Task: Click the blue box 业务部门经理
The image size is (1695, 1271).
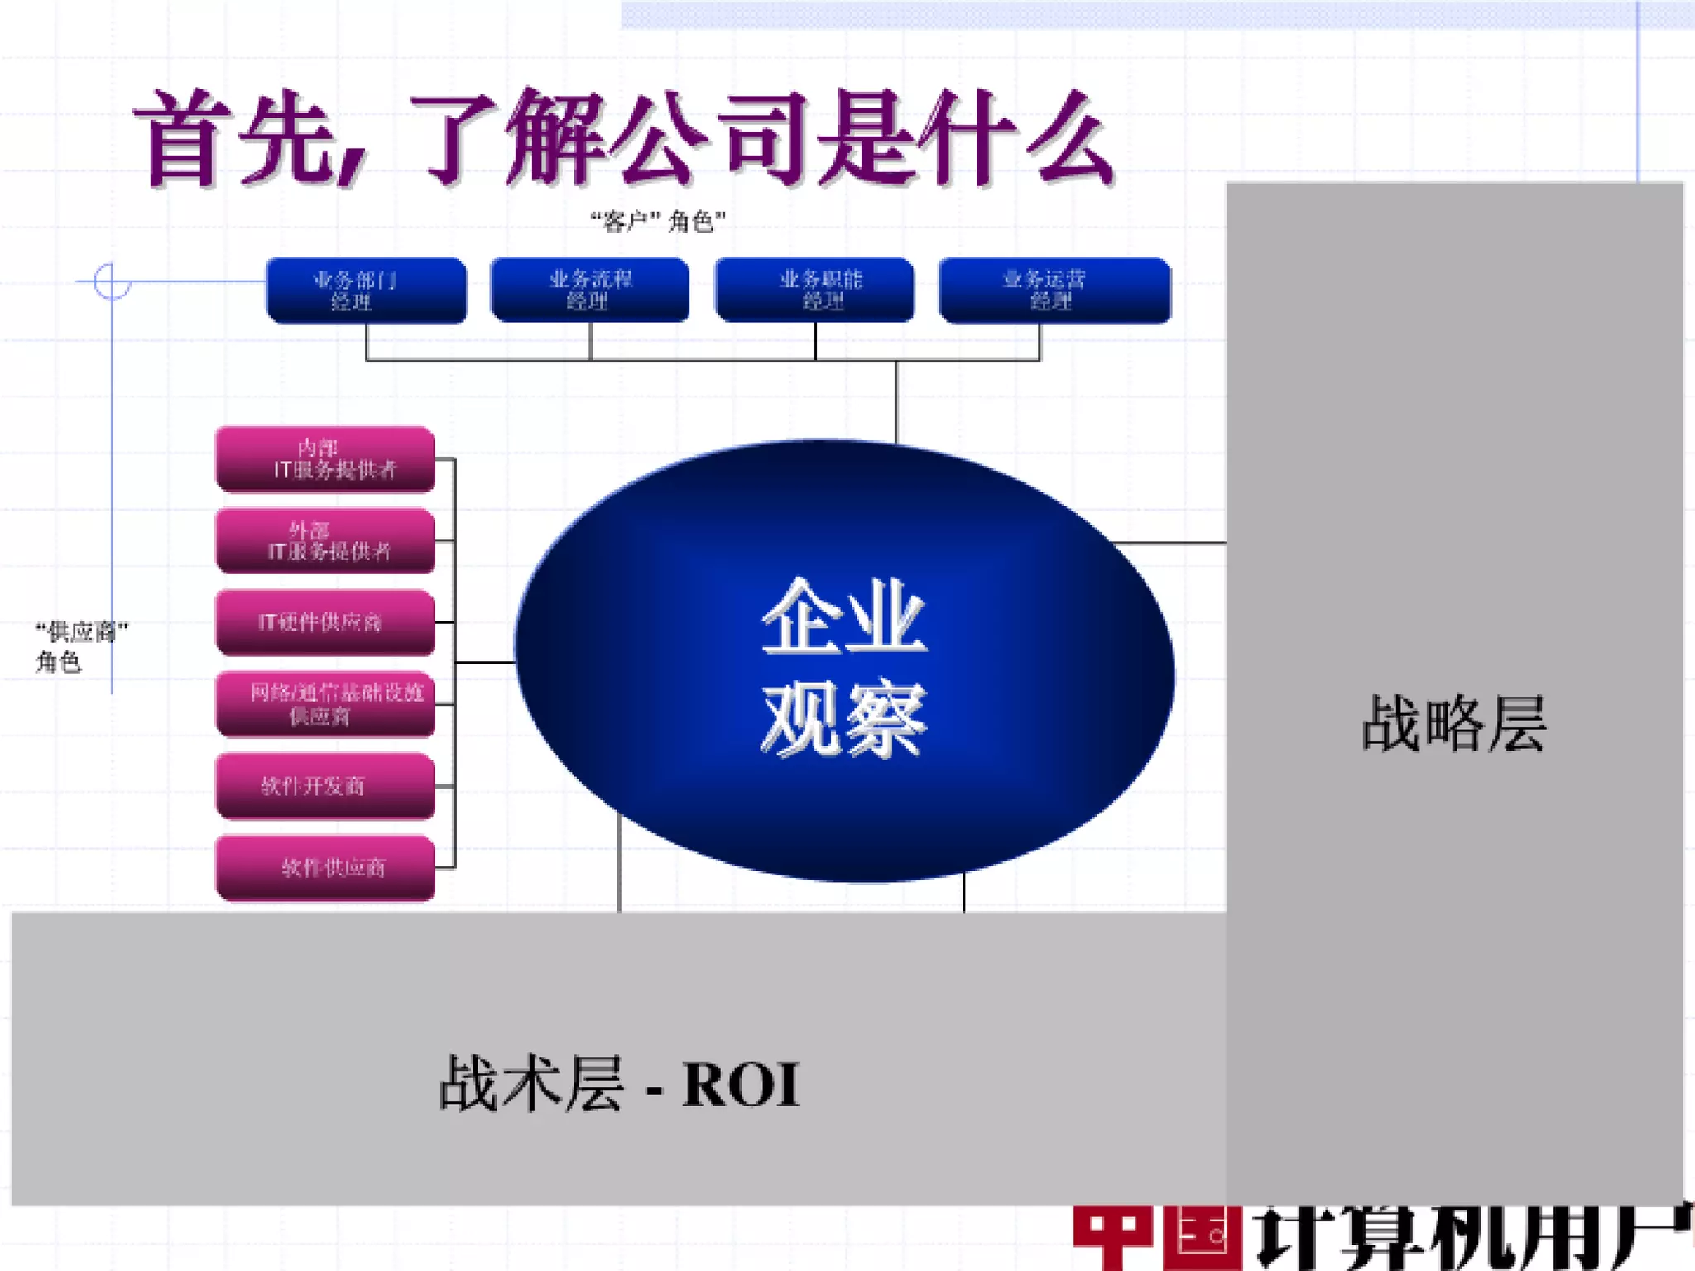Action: click(x=366, y=290)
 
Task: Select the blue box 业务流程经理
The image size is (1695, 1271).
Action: click(x=590, y=290)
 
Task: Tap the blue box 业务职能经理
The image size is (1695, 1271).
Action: click(x=815, y=290)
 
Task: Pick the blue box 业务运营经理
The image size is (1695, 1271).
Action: click(x=1055, y=290)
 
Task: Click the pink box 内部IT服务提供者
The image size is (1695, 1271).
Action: click(x=325, y=459)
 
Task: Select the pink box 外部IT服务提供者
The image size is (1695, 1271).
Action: click(x=325, y=541)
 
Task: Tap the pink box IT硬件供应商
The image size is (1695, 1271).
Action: click(x=325, y=622)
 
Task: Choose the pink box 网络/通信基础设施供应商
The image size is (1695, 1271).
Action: click(x=325, y=704)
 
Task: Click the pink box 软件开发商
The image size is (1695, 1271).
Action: click(x=325, y=786)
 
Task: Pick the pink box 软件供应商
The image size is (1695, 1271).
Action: click(x=325, y=868)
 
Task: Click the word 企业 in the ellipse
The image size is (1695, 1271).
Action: click(x=843, y=617)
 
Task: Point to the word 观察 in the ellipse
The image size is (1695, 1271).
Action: click(x=843, y=718)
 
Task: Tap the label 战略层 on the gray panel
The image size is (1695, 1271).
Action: click(x=1453, y=724)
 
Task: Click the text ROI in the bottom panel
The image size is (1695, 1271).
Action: click(x=741, y=1085)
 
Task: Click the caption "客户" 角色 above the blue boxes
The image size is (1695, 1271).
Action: click(x=658, y=222)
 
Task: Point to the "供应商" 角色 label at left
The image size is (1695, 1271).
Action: click(x=80, y=646)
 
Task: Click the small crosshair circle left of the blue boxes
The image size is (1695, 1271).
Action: click(x=112, y=281)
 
